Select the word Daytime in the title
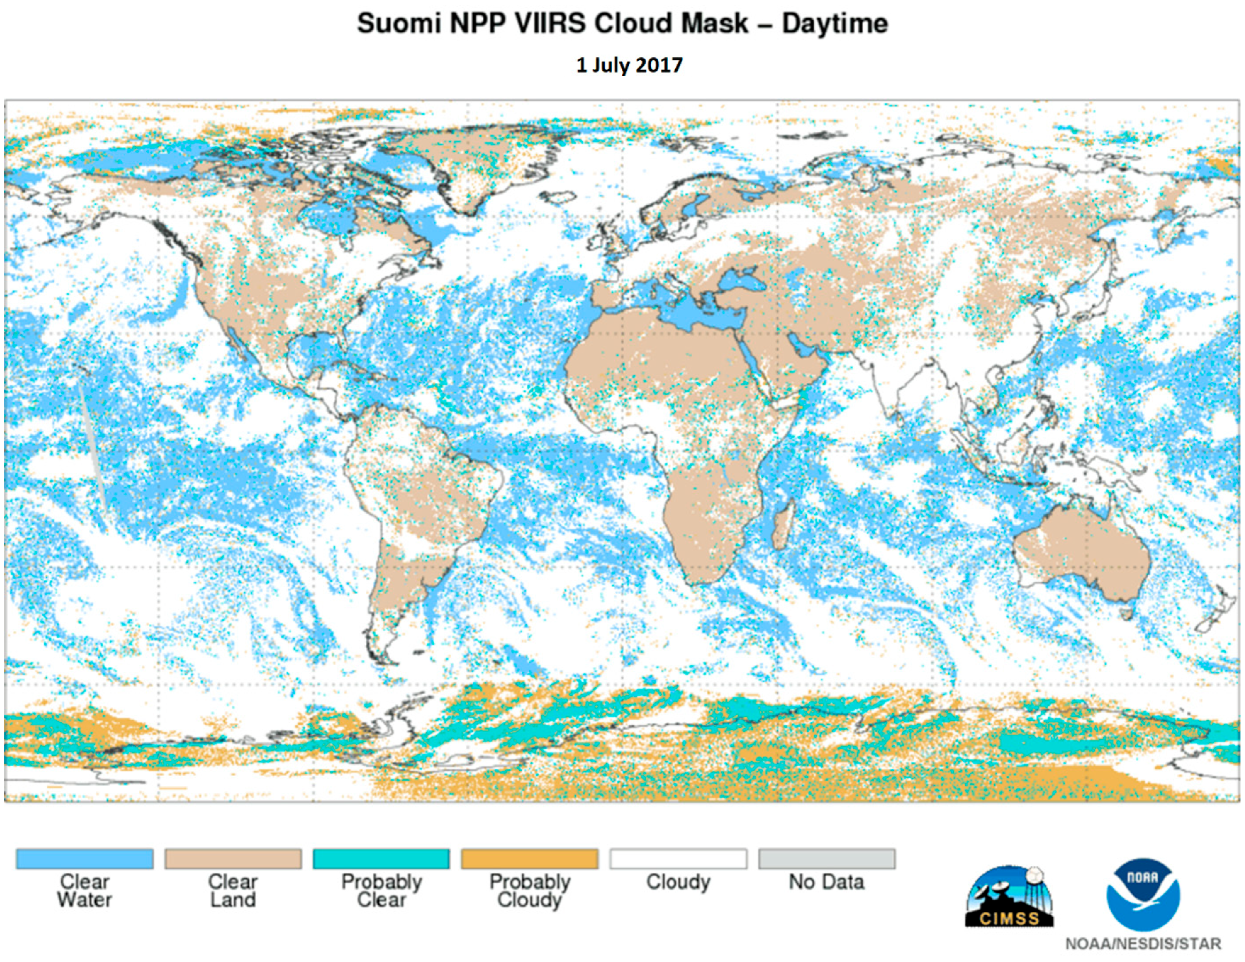[x=834, y=23]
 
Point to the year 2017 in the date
[x=659, y=65]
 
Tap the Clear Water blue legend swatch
[x=84, y=858]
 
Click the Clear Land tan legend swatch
[x=233, y=858]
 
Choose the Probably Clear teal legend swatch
[x=381, y=858]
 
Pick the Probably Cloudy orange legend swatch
[x=529, y=858]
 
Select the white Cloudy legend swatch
[x=678, y=858]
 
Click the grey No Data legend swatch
[x=826, y=858]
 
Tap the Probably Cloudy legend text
[x=529, y=890]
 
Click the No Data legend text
[x=826, y=882]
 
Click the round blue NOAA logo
[x=1142, y=894]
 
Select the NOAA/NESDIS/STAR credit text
[x=1142, y=943]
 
